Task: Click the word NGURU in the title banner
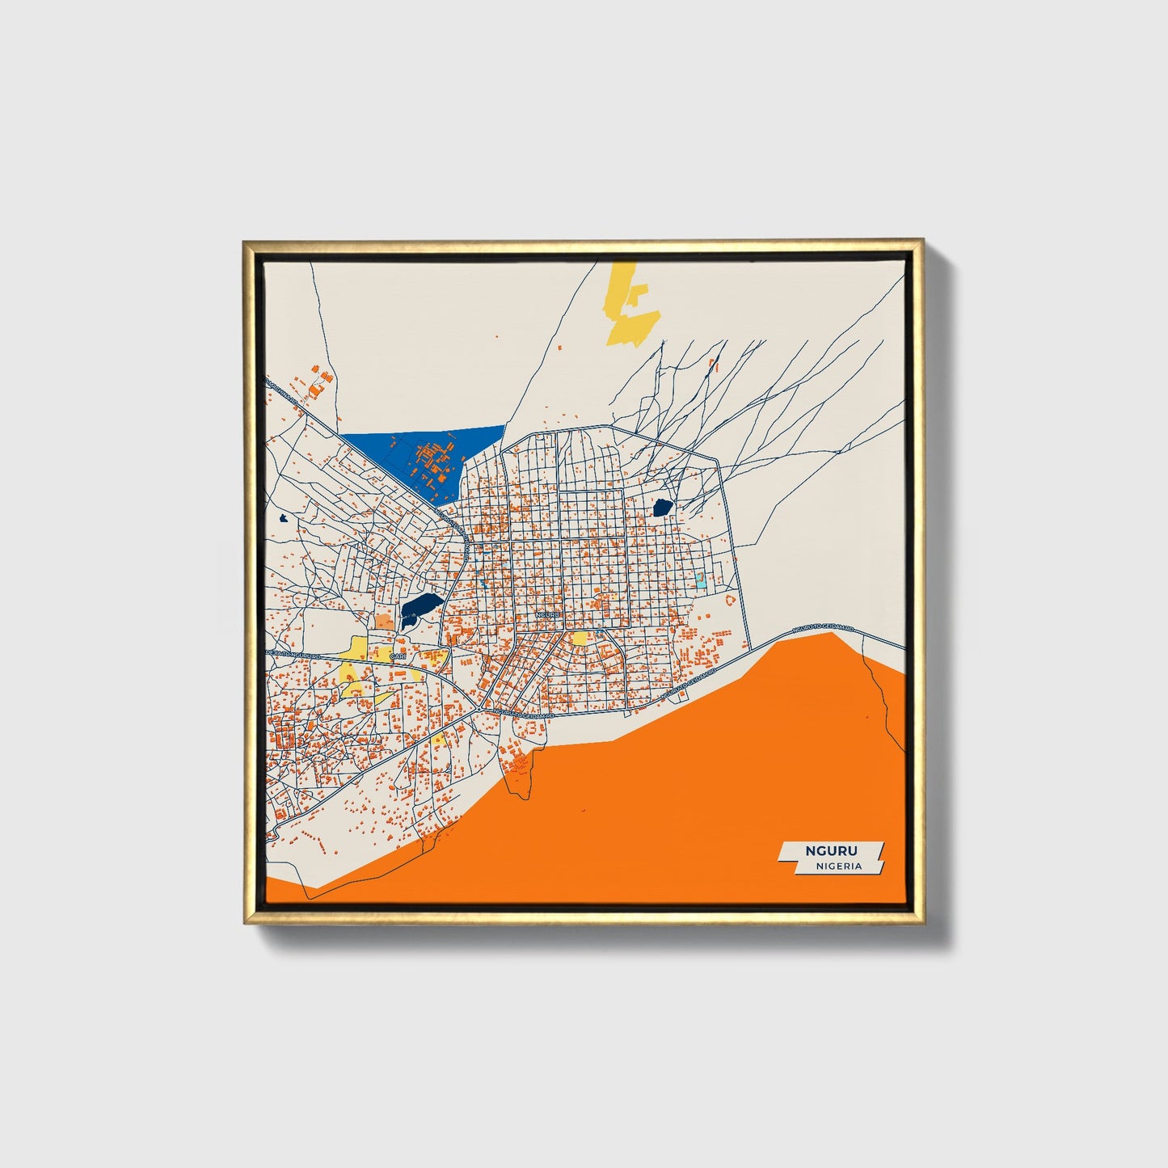831,850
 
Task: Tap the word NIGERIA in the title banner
838,866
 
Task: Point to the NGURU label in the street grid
547,616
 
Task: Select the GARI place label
397,656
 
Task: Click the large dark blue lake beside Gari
421,605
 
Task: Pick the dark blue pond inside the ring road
662,508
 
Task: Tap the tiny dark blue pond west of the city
283,518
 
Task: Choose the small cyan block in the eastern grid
700,580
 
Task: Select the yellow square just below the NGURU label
579,639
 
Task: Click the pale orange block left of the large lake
383,622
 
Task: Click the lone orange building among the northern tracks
712,365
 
